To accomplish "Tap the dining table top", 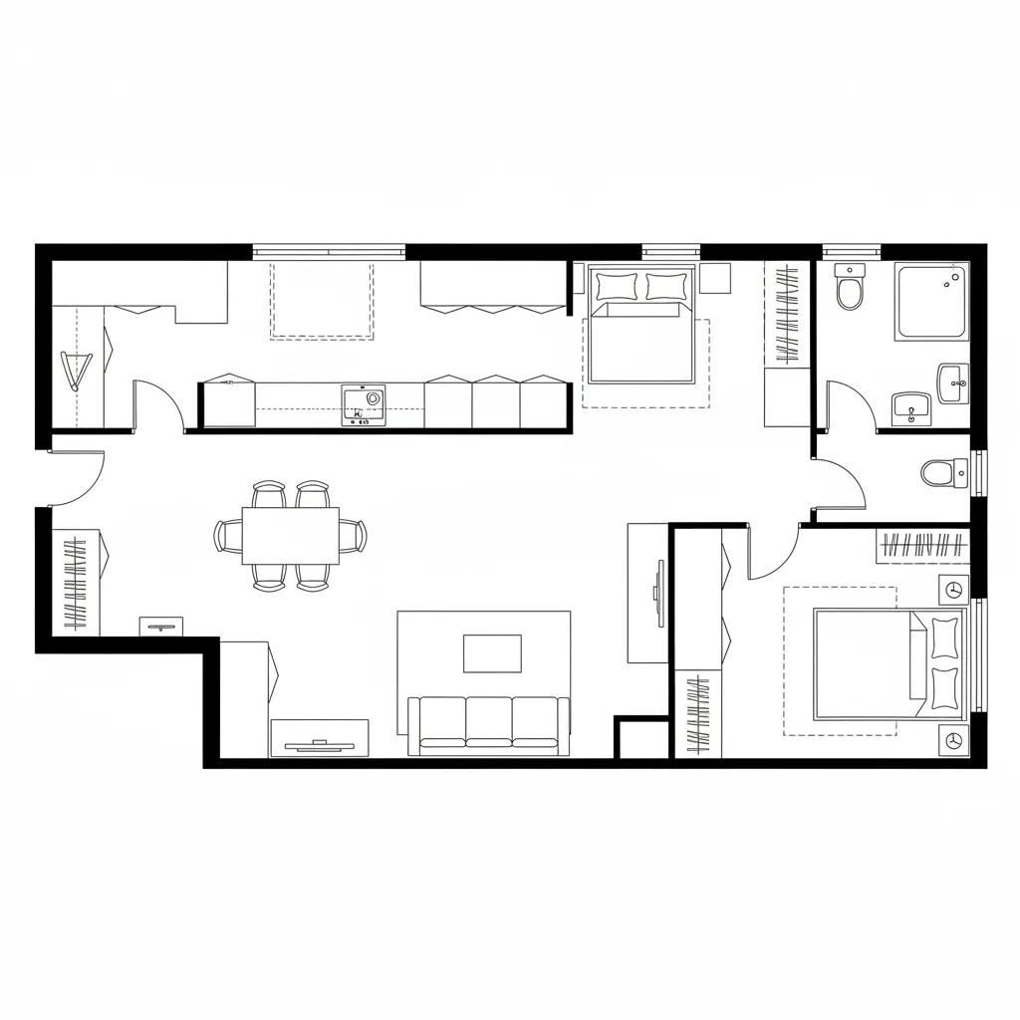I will click(290, 535).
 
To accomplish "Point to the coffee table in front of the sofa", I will click(492, 653).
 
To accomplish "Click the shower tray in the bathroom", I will click(930, 302).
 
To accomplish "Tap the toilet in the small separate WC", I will click(941, 472).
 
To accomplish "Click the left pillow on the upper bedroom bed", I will click(617, 287).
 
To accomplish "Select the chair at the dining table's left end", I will click(225, 535).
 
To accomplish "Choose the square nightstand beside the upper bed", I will click(715, 278).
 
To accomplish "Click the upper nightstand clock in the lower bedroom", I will click(953, 589).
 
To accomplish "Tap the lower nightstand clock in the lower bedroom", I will click(953, 739).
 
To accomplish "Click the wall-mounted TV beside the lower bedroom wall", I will click(658, 594).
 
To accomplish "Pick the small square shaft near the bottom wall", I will click(640, 739).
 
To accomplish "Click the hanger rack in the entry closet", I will click(76, 584).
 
